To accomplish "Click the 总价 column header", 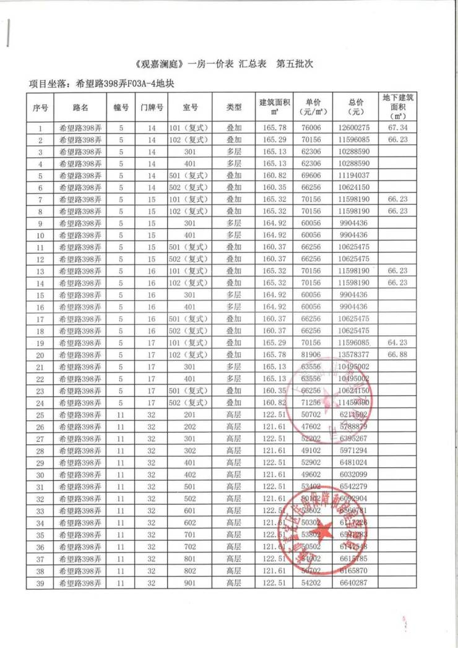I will [356, 107].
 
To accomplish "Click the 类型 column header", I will [234, 107].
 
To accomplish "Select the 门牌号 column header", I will [152, 107].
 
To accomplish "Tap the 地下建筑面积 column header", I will [397, 106].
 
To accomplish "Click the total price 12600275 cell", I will [355, 129].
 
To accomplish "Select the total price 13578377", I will [355, 355].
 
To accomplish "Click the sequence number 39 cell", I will [40, 583].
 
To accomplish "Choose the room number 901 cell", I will [189, 583].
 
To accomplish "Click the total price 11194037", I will [355, 176].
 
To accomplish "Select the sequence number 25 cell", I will [40, 415].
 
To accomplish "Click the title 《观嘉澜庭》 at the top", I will [158, 64].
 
